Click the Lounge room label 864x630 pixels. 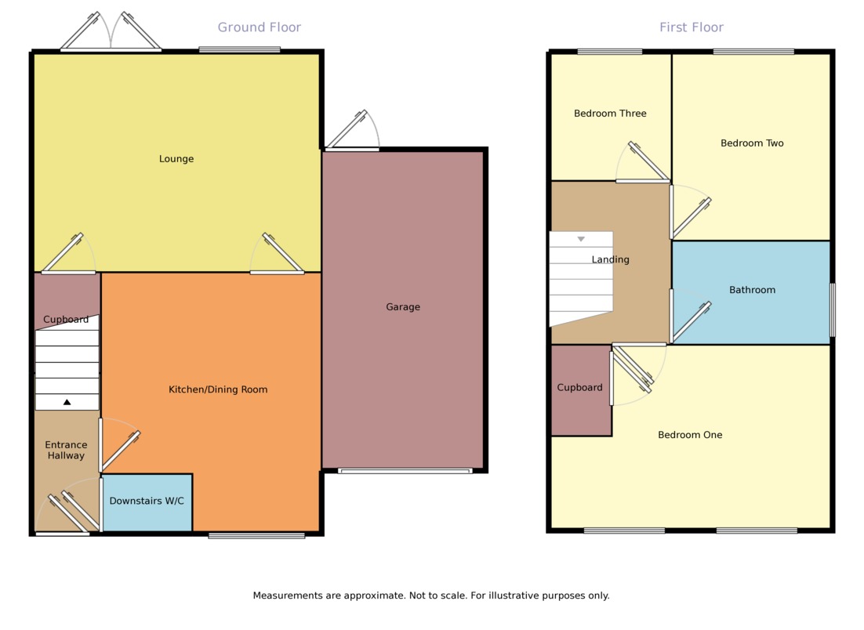(x=176, y=159)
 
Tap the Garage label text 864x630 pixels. (x=403, y=307)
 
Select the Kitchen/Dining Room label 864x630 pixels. (x=218, y=389)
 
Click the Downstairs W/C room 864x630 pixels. (x=147, y=501)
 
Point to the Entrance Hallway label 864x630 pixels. (x=66, y=450)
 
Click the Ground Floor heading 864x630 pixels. (x=259, y=27)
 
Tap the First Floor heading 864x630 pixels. (x=691, y=27)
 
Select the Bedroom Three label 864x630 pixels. (x=610, y=114)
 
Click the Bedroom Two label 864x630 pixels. (x=752, y=143)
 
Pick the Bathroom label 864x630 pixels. (x=752, y=290)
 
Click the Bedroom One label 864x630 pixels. (x=690, y=435)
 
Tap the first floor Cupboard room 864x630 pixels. (x=580, y=388)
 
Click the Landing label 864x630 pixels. (x=610, y=259)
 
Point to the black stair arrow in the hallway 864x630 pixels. (x=67, y=402)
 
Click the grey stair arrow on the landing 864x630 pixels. (x=581, y=239)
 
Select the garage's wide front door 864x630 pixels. (x=405, y=471)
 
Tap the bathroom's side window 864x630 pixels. (x=832, y=310)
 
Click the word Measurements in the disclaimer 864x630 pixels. (x=288, y=596)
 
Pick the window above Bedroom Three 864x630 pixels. (x=610, y=52)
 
